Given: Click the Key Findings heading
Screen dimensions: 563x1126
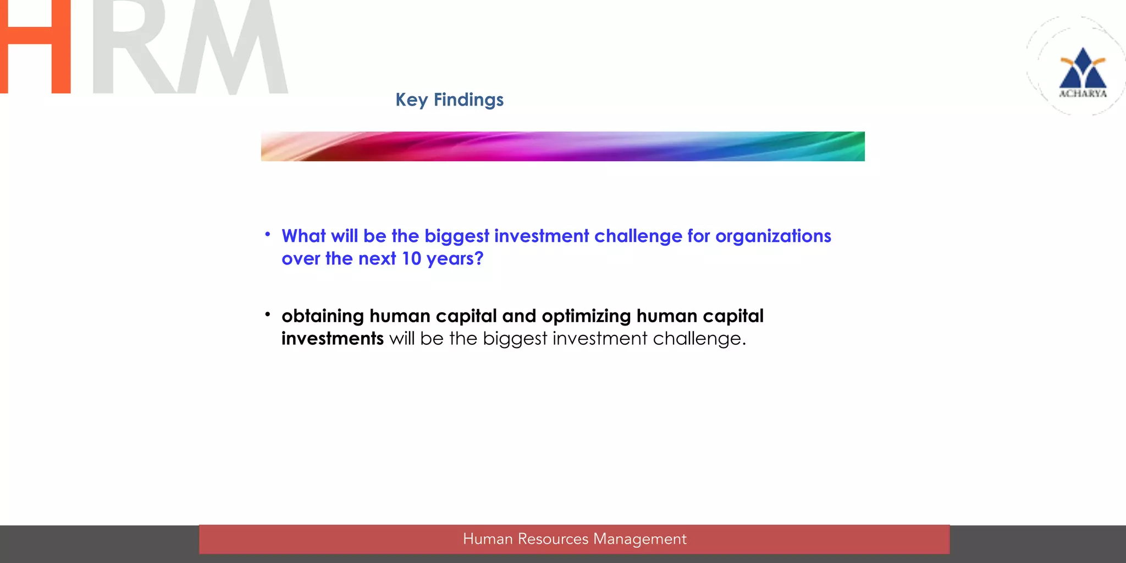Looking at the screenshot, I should (449, 100).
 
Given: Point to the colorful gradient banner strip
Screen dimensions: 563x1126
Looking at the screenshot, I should (562, 146).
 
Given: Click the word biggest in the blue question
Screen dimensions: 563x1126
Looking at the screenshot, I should (456, 236).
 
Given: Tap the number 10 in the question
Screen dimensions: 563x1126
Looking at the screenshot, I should (411, 258).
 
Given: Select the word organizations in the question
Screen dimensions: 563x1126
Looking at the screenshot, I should (773, 236).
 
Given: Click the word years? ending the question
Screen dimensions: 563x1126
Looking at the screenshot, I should (455, 259).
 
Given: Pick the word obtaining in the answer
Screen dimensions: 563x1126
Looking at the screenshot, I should (323, 316).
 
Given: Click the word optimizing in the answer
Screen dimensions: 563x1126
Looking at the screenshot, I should (586, 316).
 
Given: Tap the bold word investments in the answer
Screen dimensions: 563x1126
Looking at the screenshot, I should (332, 339).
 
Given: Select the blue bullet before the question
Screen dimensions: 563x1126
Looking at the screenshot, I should (268, 235).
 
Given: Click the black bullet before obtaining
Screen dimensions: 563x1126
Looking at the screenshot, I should (268, 314).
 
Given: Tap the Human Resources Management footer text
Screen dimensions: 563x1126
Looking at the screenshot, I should (575, 539).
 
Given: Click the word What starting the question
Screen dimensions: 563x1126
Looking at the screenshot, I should (303, 236).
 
